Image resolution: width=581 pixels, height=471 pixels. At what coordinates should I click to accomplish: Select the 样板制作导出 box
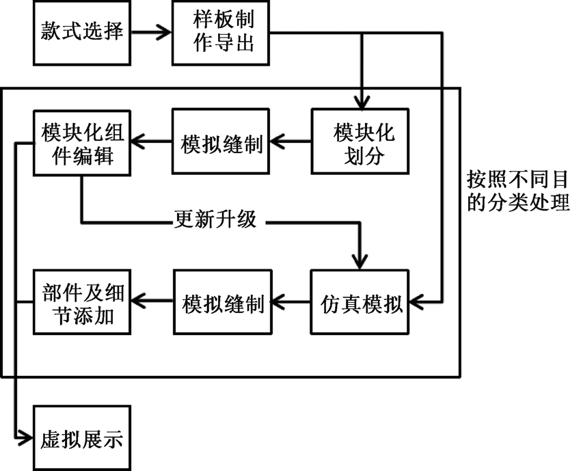point(220,33)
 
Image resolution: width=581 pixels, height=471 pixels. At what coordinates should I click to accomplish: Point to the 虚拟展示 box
point(82,438)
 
